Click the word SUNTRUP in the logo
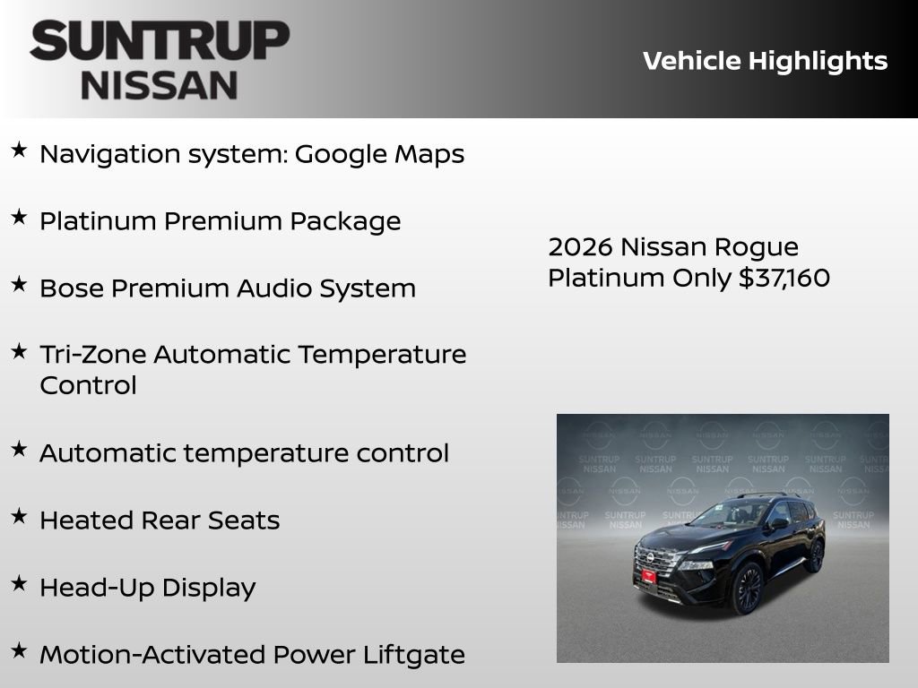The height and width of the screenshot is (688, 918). coord(160,41)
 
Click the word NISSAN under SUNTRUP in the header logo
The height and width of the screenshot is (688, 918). coord(160,86)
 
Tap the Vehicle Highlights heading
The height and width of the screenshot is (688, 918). coord(765,61)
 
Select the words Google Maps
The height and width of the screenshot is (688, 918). coord(379,154)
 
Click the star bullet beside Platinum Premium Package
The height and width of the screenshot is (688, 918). coord(19,218)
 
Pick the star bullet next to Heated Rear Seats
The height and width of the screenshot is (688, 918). coord(19,517)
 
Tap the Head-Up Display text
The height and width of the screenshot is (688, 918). coord(148,588)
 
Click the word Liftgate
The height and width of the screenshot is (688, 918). coord(413,655)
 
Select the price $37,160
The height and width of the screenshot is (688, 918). coord(784,278)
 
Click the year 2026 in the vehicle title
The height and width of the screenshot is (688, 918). coord(580,247)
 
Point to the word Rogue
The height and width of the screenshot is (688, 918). coord(758,247)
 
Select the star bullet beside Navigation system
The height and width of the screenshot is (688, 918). coord(19,150)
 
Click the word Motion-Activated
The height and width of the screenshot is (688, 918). coord(152,655)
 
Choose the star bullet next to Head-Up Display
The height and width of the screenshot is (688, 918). coord(19,584)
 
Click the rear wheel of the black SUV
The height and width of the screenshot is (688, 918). coord(815,555)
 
